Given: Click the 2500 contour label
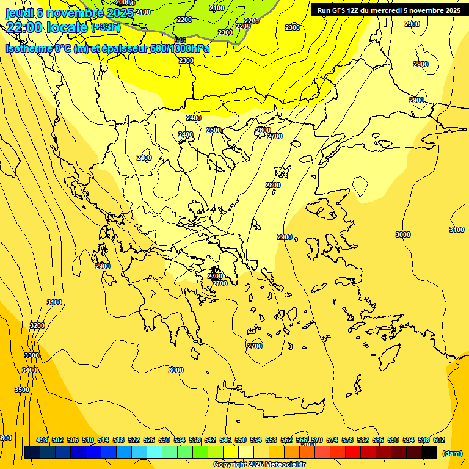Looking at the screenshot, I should [214, 130].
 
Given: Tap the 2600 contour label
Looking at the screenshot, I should [263, 130].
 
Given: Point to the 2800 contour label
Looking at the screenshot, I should [273, 185].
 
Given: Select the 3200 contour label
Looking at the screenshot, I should [37, 325].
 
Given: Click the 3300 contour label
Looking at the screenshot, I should [32, 355].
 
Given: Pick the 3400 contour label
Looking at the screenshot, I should [29, 370].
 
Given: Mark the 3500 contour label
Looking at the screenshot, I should [22, 390].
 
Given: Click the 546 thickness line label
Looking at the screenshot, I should [180, 40].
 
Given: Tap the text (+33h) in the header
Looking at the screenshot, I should [106, 27].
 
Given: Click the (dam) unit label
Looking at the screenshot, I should [452, 453].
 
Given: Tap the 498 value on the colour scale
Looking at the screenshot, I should [42, 440].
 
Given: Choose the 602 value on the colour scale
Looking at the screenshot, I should [438, 440].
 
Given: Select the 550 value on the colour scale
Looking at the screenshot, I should [241, 440].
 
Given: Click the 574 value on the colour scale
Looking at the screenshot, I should [332, 440].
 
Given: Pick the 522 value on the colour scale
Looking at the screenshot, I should [134, 440].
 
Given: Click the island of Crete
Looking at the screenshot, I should [269, 403].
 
